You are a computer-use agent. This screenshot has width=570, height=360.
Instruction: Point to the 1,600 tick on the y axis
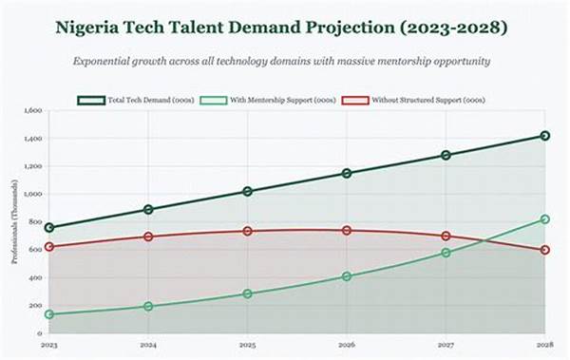(x=32, y=111)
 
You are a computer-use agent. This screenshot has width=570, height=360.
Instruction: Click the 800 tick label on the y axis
(x=35, y=222)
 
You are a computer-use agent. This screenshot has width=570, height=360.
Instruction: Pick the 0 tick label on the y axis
(x=40, y=333)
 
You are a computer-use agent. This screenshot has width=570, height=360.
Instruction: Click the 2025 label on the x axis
(x=247, y=345)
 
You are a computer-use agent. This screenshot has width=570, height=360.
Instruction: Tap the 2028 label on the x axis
(x=543, y=345)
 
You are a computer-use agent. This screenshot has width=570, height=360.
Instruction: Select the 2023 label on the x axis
(x=49, y=345)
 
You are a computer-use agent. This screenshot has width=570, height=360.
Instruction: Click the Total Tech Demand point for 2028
(x=544, y=136)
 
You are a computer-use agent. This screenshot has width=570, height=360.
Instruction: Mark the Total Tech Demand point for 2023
(x=49, y=228)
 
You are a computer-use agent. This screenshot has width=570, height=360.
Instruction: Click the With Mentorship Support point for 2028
(x=544, y=219)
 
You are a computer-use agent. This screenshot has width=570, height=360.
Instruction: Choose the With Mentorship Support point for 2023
(x=49, y=314)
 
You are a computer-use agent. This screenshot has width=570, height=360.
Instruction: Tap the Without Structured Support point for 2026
(x=347, y=230)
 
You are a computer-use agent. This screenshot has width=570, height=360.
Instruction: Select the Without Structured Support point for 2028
(x=544, y=250)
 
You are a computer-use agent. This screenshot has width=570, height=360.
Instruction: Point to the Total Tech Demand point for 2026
(x=347, y=173)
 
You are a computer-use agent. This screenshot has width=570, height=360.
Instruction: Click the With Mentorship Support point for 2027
(x=446, y=253)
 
